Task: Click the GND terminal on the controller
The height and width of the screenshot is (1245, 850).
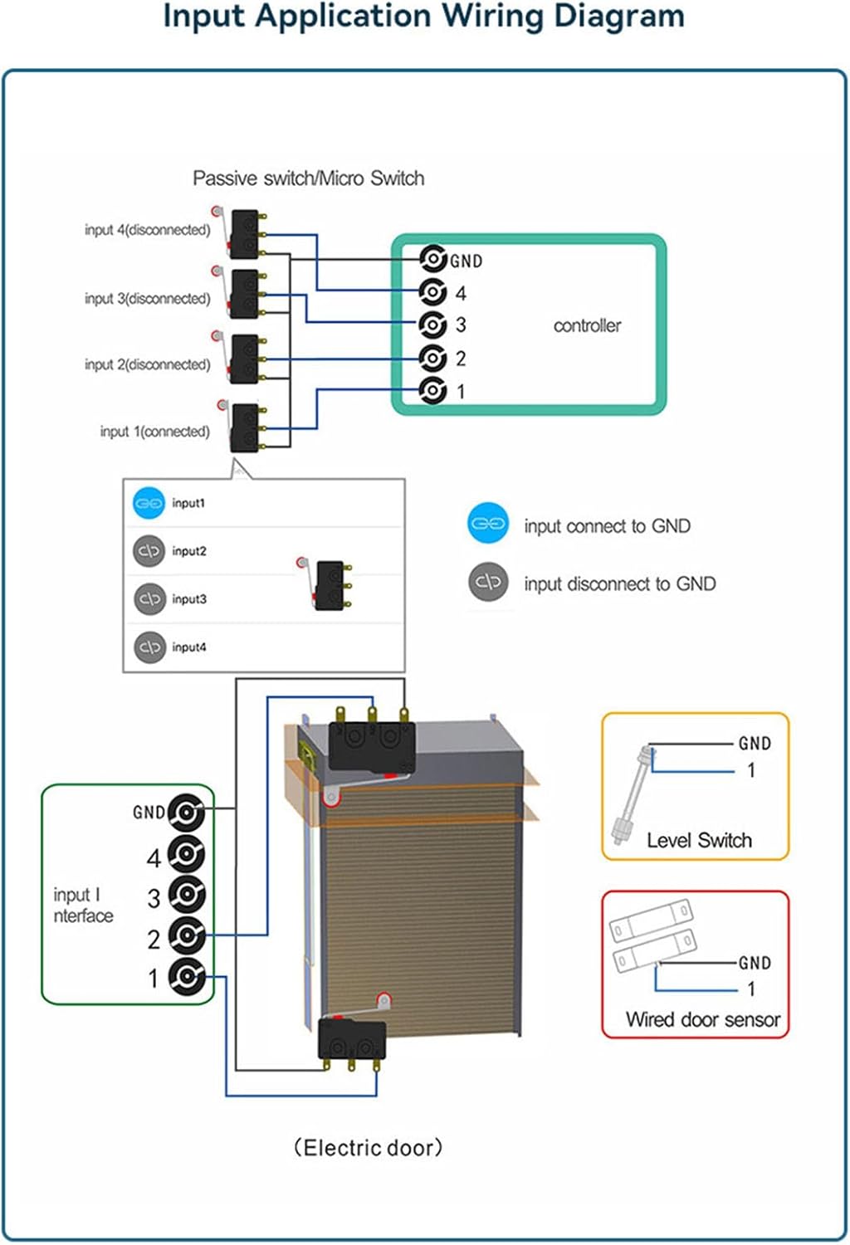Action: tap(432, 260)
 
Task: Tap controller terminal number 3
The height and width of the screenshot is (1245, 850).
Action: tap(432, 325)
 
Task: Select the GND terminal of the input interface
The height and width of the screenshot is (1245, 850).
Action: tap(187, 813)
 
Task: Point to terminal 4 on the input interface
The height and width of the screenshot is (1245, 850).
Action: tap(187, 854)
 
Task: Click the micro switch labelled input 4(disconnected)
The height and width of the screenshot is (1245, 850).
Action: tap(245, 233)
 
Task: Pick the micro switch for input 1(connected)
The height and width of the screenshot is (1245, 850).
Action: tap(245, 427)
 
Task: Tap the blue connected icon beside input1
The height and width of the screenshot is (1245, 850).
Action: tap(149, 503)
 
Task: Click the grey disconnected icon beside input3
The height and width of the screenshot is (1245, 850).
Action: tap(149, 598)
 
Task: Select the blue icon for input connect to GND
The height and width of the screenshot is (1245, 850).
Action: tap(488, 524)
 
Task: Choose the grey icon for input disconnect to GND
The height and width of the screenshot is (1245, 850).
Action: tap(488, 582)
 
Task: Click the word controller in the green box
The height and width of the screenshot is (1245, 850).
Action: tap(587, 326)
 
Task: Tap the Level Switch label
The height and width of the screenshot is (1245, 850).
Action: tap(699, 841)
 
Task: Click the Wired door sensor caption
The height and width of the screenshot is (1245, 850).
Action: tap(702, 1020)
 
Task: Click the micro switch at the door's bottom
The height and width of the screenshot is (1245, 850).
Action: tap(352, 1038)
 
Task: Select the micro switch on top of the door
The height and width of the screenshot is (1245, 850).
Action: tap(371, 745)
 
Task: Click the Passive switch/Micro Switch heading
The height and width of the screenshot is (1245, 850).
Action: tap(308, 178)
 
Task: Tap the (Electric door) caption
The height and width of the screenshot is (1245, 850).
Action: tap(369, 1148)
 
